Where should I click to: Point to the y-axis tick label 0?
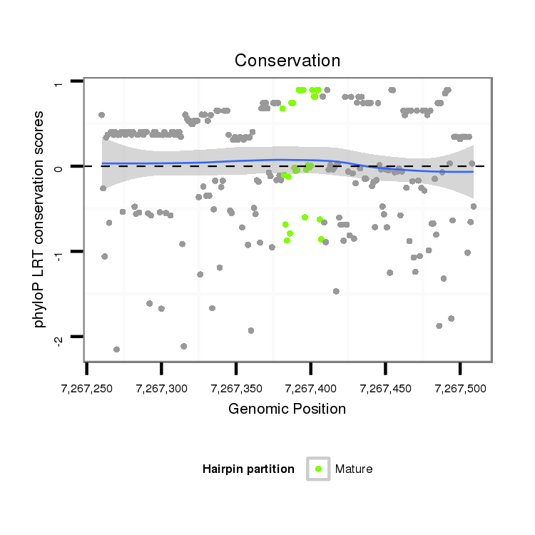click(59, 167)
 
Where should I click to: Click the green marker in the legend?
click(318, 469)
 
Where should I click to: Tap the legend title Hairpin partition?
click(248, 469)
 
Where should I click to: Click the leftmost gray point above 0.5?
click(101, 115)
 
